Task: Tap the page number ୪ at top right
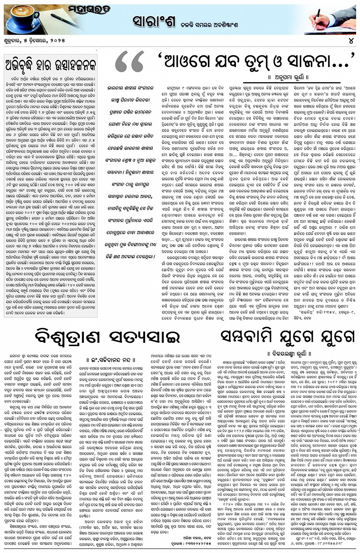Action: [354, 40]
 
